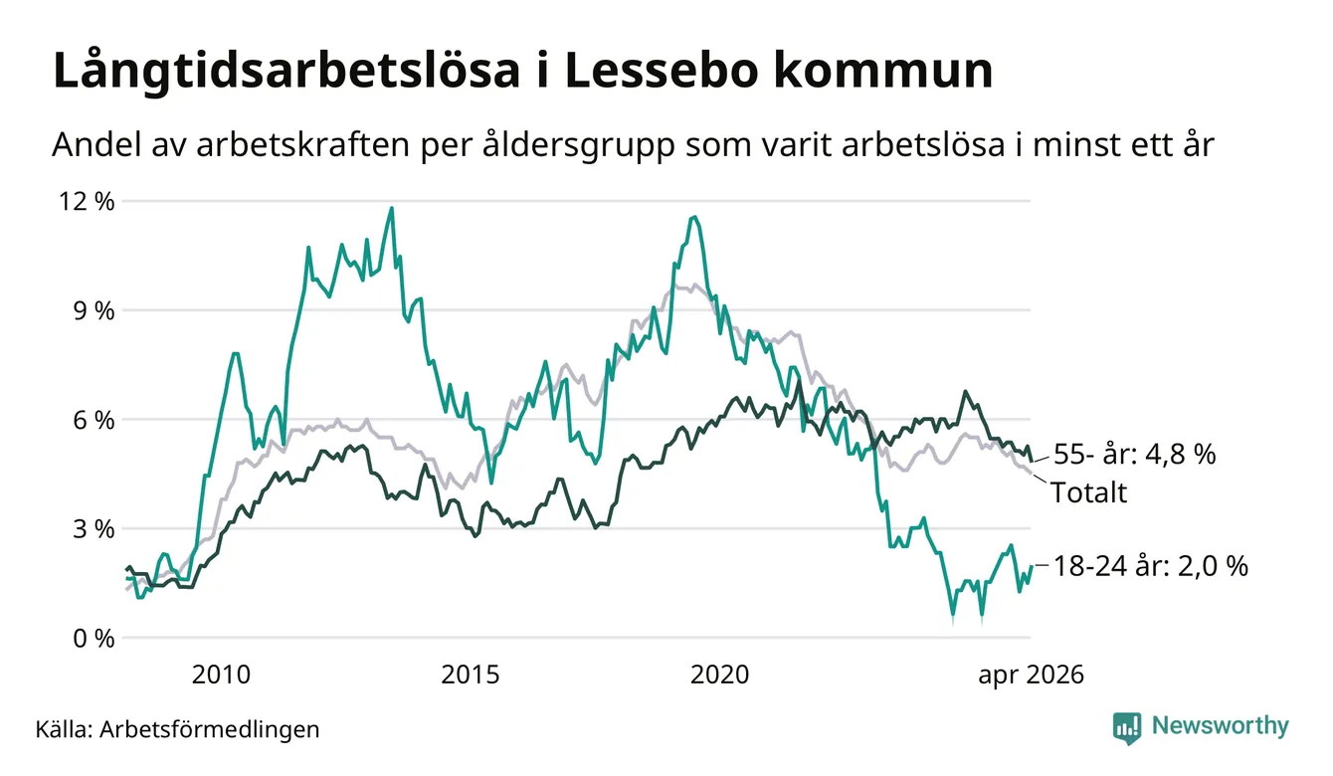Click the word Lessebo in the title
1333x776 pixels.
[661, 71]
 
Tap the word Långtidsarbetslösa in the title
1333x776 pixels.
[286, 71]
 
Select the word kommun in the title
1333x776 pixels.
[883, 71]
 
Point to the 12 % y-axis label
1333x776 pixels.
[86, 202]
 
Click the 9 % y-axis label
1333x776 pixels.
[94, 310]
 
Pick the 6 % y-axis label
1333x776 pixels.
[94, 420]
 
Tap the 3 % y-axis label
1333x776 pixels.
[94, 529]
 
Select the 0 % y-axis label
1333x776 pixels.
[94, 639]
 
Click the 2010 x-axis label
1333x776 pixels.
[221, 675]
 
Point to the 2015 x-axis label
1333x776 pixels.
[471, 675]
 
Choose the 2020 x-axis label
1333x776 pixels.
[719, 675]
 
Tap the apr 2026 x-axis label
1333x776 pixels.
[1032, 676]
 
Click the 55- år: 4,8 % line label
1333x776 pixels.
[1135, 455]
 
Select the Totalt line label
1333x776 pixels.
[1089, 492]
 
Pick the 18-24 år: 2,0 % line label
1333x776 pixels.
[1151, 566]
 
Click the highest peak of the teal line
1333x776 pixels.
[391, 208]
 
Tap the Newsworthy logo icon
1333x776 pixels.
[1127, 728]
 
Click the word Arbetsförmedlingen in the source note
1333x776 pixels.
[210, 729]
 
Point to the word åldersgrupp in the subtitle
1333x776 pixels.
[578, 145]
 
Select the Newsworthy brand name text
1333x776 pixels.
[1221, 726]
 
